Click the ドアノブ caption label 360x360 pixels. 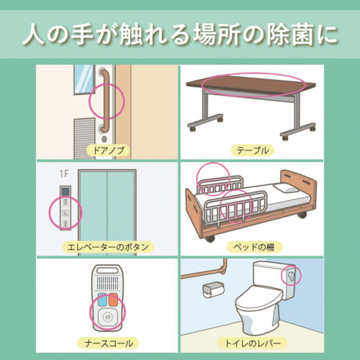pyautogui.click(x=106, y=150)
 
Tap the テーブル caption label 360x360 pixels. pyautogui.click(x=252, y=150)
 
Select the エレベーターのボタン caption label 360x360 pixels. pyautogui.click(x=106, y=247)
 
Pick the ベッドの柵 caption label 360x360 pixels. pyautogui.click(x=252, y=247)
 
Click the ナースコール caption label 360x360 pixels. pyautogui.click(x=106, y=343)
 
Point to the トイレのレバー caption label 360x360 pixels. pyautogui.click(x=252, y=343)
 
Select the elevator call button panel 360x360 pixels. pyautogui.click(x=66, y=209)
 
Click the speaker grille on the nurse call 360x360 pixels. pyautogui.click(x=106, y=276)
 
